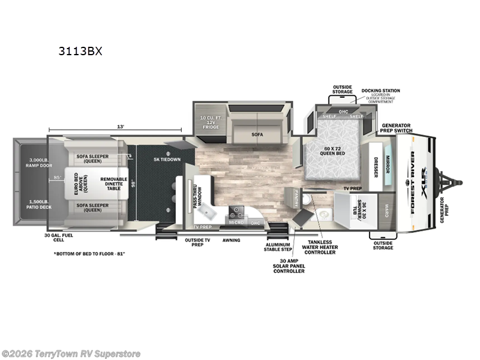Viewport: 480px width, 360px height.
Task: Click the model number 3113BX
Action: point(80,51)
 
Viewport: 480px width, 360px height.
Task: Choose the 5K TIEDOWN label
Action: point(166,160)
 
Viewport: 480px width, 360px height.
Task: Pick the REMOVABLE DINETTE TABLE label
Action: point(113,183)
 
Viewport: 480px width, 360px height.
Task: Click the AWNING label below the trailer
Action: point(231,240)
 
